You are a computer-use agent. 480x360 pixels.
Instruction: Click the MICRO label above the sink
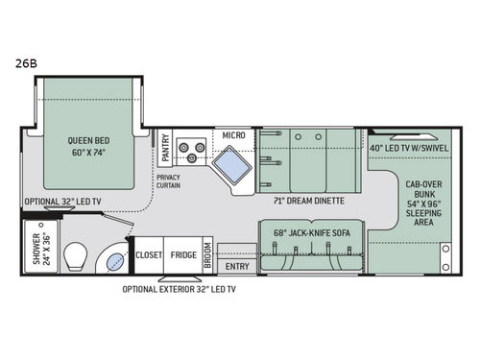pyautogui.click(x=233, y=134)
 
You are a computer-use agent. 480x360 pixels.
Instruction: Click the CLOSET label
pyautogui.click(x=149, y=255)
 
